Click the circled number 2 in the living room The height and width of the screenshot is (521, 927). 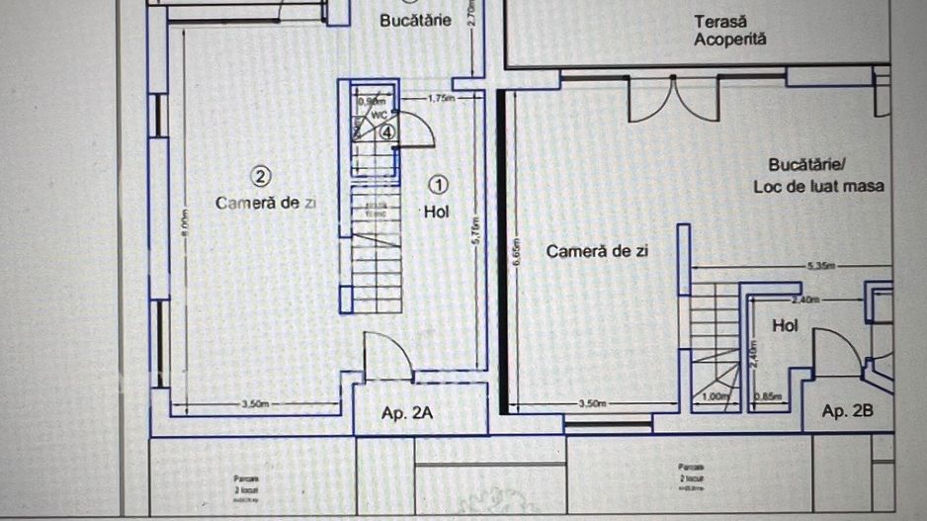click(x=260, y=176)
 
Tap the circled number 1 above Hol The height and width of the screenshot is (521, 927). click(x=441, y=184)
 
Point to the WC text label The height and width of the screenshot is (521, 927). click(x=379, y=114)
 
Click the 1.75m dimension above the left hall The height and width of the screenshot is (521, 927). click(x=441, y=99)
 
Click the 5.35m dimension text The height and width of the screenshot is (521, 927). click(x=821, y=266)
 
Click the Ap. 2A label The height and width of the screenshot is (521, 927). click(x=408, y=413)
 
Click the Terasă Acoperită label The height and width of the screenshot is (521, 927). click(x=730, y=30)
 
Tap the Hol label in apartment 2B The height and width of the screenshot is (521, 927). click(x=785, y=324)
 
